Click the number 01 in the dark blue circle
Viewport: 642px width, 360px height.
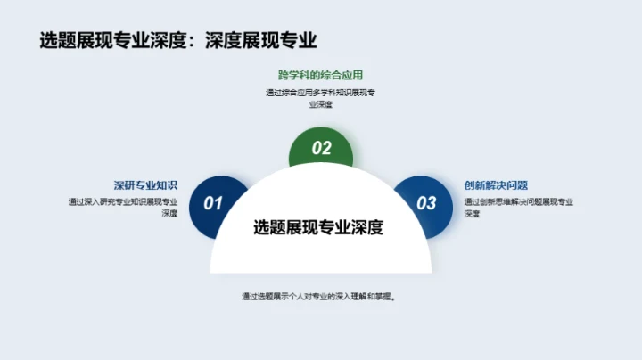[213, 203]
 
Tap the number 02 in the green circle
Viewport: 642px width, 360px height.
[321, 149]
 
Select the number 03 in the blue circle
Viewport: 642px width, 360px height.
[427, 203]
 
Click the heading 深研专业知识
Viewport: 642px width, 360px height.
[145, 185]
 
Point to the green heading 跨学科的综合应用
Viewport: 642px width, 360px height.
[320, 75]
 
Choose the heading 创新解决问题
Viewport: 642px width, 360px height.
[496, 185]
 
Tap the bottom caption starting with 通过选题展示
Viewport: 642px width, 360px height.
[318, 297]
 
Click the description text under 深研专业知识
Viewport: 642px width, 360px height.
[123, 208]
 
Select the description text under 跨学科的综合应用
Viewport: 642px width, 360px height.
[320, 98]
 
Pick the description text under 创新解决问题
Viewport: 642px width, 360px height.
[518, 208]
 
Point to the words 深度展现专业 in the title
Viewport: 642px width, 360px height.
[260, 40]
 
